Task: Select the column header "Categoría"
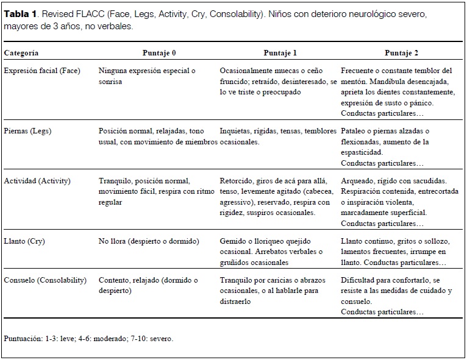[21, 53]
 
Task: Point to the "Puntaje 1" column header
[280, 53]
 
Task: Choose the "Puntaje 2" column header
[401, 53]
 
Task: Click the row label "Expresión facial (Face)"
[41, 71]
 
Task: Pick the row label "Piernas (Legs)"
[27, 131]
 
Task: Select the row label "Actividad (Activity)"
[37, 181]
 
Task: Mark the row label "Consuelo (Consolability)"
[45, 280]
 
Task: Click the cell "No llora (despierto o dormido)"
[149, 241]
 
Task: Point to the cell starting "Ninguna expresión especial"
[146, 76]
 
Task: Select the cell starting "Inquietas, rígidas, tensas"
[277, 136]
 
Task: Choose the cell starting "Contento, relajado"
[148, 285]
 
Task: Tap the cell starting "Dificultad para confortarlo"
[396, 295]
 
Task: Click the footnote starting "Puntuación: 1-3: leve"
[88, 338]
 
